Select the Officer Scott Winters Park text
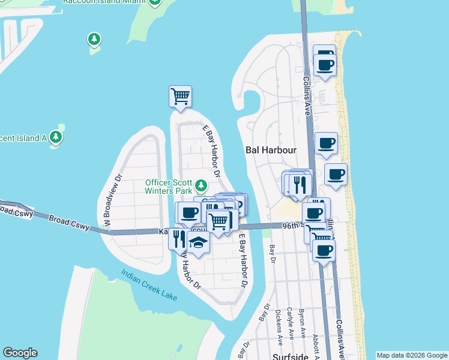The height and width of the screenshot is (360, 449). point(169,187)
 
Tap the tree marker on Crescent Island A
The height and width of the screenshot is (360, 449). point(56,137)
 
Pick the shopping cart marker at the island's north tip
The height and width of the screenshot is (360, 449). point(180,96)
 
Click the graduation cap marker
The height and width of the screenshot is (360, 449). point(197,242)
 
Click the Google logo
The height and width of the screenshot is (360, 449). point(20,353)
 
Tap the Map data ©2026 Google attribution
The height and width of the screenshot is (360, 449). point(412,355)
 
